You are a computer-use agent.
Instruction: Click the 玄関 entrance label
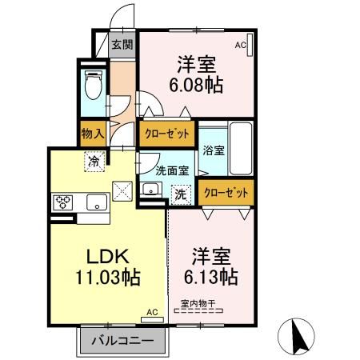pyautogui.click(x=122, y=45)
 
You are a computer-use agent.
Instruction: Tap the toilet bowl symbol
pyautogui.click(x=94, y=85)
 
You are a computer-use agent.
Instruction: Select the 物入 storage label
pyautogui.click(x=93, y=134)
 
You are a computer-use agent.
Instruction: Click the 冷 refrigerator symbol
pyautogui.click(x=94, y=162)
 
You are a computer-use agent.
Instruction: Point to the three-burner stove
pyautogui.click(x=63, y=202)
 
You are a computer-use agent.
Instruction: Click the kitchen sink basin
pyautogui.click(x=97, y=202)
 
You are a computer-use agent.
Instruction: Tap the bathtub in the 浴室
pyautogui.click(x=241, y=149)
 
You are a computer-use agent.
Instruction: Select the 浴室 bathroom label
pyautogui.click(x=214, y=150)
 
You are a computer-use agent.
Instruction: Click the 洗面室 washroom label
pyautogui.click(x=172, y=170)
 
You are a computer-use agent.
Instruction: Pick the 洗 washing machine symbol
pyautogui.click(x=181, y=195)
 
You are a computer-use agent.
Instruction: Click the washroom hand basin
pyautogui.click(x=151, y=190)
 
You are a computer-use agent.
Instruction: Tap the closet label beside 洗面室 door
pyautogui.click(x=167, y=134)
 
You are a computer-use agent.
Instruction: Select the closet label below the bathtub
pyautogui.click(x=226, y=192)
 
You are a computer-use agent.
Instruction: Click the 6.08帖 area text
pyautogui.click(x=196, y=86)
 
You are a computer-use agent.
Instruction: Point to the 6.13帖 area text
pyautogui.click(x=211, y=277)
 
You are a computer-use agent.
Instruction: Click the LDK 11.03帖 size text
pyautogui.click(x=108, y=278)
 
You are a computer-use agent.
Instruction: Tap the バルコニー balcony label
pyautogui.click(x=122, y=341)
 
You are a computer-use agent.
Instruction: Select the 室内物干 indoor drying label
pyautogui.click(x=198, y=303)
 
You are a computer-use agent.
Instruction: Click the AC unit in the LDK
pyautogui.click(x=152, y=320)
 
